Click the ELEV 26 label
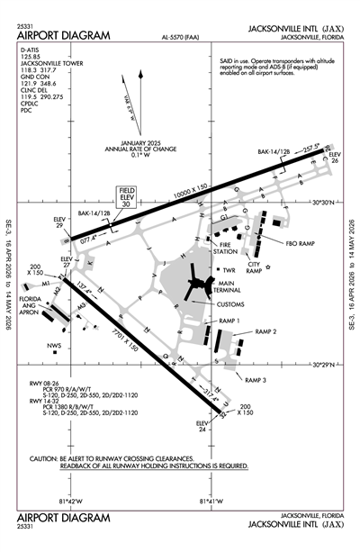point(335,158)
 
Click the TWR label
point(229,269)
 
